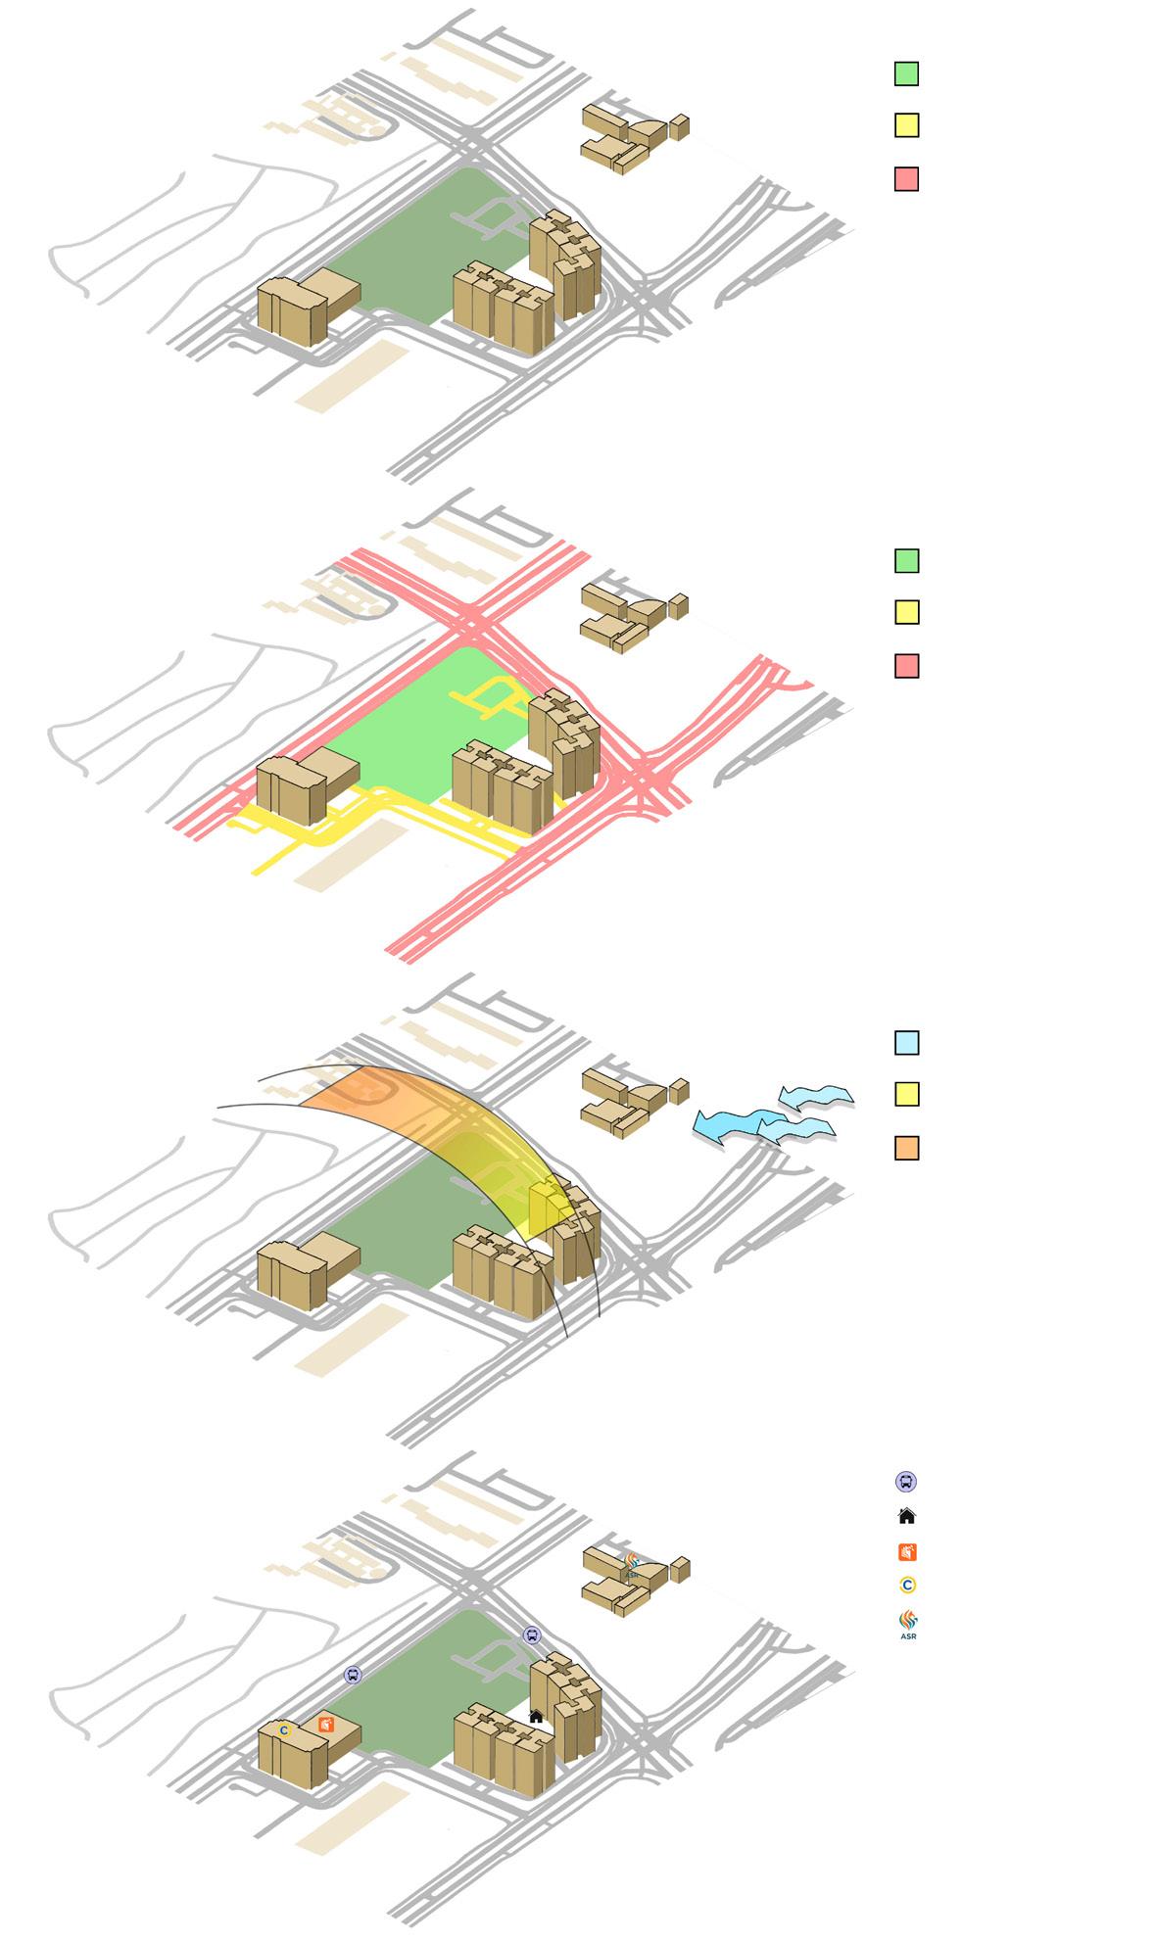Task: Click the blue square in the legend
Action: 906,1043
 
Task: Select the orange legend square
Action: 906,1148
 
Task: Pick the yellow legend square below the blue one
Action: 906,1094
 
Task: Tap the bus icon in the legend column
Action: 906,1482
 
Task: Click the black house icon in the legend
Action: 906,1516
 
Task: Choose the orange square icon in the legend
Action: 907,1551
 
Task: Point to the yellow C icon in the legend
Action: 907,1585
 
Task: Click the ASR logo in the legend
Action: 908,1622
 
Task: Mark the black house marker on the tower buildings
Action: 536,1716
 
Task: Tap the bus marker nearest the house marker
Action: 532,1634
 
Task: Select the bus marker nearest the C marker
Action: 353,1675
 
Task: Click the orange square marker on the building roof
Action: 326,1725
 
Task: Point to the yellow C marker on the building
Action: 284,1730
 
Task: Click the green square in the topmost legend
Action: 906,73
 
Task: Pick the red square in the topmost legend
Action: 906,179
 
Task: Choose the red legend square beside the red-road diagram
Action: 906,667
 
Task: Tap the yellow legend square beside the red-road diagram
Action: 906,613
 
